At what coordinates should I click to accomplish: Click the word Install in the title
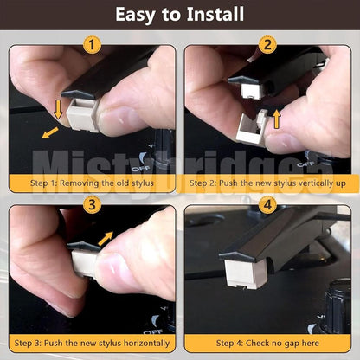pyautogui.click(x=215, y=14)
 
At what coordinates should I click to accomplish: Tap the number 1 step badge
pyautogui.click(x=92, y=45)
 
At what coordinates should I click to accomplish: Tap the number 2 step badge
pyautogui.click(x=267, y=45)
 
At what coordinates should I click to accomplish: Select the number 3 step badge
pyautogui.click(x=92, y=205)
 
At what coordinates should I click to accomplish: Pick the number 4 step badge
pyautogui.click(x=267, y=205)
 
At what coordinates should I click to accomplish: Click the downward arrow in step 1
pyautogui.click(x=58, y=109)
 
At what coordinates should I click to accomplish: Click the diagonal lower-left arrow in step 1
pyautogui.click(x=50, y=133)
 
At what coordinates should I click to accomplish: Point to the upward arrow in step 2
pyautogui.click(x=277, y=118)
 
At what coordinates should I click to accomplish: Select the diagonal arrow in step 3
pyautogui.click(x=106, y=238)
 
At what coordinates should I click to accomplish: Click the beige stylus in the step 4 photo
pyautogui.click(x=241, y=274)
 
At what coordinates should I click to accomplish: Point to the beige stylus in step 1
pyautogui.click(x=83, y=114)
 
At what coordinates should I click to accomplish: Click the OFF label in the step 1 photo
pyautogui.click(x=140, y=168)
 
